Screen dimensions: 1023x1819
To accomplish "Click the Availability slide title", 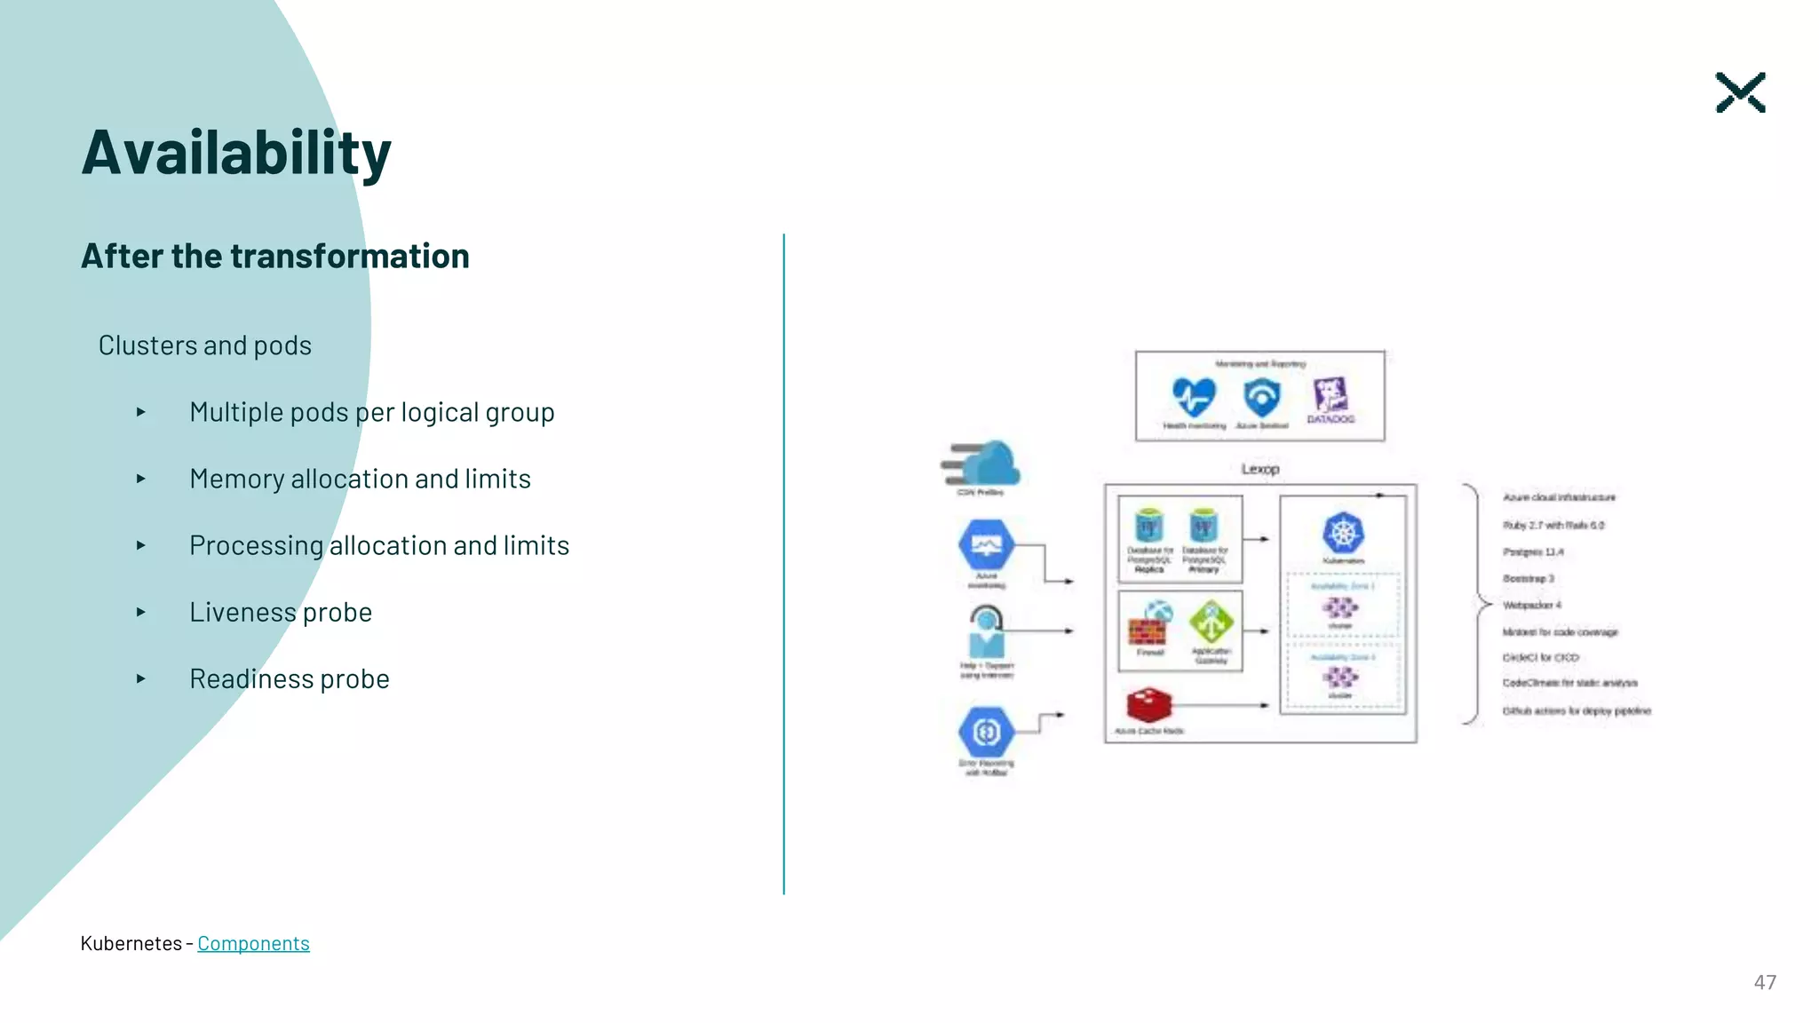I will point(236,153).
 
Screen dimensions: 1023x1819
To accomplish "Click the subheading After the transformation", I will point(274,256).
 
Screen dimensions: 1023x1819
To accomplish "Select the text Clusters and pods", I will point(204,345).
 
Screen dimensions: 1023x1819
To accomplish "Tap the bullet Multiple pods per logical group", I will point(371,412).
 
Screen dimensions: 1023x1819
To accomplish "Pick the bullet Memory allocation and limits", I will point(360,479).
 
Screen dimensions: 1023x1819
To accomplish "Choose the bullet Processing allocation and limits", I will point(378,545).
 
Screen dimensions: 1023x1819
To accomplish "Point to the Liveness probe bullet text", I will point(280,612).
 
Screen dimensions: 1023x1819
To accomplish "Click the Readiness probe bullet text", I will point(289,678).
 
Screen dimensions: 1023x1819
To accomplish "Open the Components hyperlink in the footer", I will point(253,943).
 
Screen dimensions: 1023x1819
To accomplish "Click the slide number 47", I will point(1764,982).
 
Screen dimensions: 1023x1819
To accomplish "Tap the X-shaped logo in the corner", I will point(1739,92).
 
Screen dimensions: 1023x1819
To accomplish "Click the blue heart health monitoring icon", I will point(1193,396).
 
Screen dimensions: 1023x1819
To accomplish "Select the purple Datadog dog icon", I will point(1330,394).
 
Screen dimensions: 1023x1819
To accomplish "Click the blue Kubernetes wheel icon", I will point(1343,533).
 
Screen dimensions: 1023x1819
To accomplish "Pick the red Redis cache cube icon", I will point(1148,705).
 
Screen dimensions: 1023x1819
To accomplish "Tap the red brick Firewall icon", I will point(1147,631).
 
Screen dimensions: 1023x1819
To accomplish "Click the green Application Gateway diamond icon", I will point(1211,622).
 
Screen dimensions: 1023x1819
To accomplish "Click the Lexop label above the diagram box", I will point(1259,469).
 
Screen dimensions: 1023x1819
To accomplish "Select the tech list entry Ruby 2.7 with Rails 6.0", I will point(1553,525).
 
